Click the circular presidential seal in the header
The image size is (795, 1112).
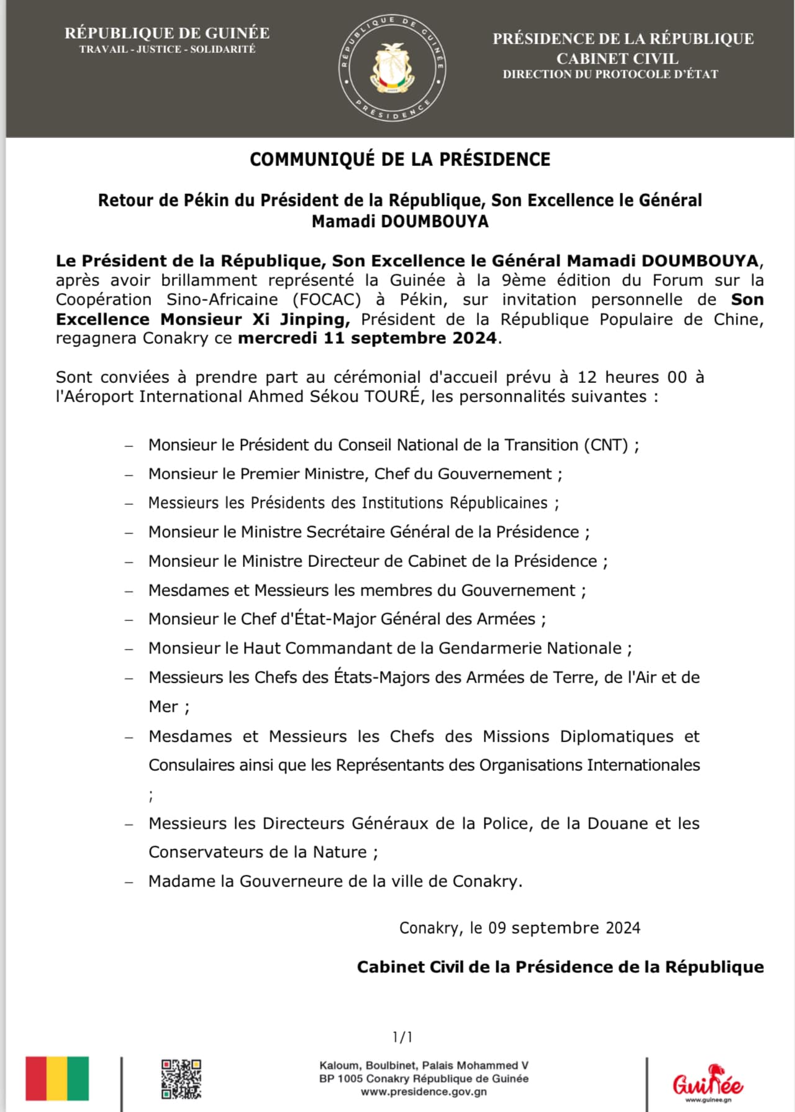point(393,69)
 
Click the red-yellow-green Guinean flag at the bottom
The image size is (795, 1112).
point(57,1078)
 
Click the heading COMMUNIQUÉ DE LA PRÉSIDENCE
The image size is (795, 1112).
point(400,160)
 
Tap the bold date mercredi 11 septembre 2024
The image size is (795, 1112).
point(368,338)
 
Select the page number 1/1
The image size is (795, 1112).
point(402,1037)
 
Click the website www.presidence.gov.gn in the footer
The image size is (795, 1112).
point(424,1091)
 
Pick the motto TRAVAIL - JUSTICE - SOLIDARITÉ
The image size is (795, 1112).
point(167,49)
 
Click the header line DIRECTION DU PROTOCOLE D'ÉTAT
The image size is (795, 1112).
point(610,75)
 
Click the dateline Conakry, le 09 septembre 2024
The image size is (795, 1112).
point(519,928)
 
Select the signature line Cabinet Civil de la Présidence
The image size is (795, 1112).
point(560,967)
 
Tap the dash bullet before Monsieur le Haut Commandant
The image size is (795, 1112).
point(129,649)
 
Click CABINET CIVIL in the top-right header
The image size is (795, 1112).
point(617,58)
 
